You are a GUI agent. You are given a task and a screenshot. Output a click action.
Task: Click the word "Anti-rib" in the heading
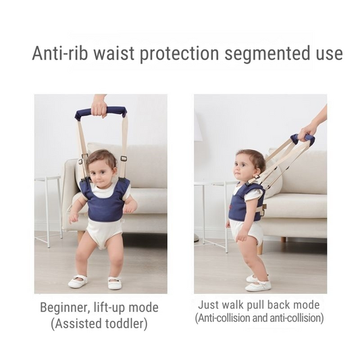pyautogui.click(x=59, y=53)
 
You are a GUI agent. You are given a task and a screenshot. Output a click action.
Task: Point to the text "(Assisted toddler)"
pyautogui.click(x=99, y=324)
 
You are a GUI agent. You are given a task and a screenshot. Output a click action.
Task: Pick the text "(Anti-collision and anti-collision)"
pyautogui.click(x=259, y=317)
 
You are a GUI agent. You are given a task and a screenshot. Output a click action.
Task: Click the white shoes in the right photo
pyautogui.click(x=257, y=282)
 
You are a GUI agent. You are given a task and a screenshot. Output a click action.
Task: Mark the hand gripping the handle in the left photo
pyautogui.click(x=99, y=105)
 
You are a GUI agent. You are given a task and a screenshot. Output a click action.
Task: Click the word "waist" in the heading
pyautogui.click(x=111, y=53)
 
